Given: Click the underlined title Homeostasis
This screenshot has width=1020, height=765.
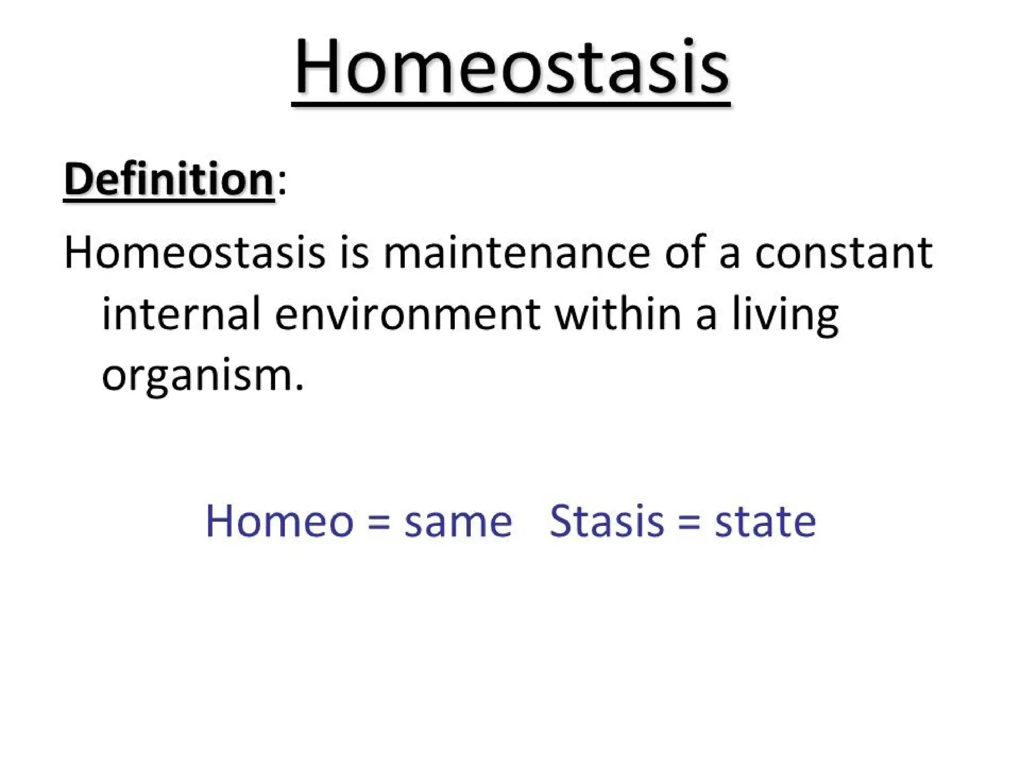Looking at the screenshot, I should point(511,67).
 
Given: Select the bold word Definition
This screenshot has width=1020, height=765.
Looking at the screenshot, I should point(169,179).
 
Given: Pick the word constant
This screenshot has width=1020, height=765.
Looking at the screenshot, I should point(844,253).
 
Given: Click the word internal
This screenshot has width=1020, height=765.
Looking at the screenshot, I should point(181,314).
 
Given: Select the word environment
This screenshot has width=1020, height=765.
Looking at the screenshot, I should point(407,314).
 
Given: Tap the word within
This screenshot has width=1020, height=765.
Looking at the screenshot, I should point(618,314).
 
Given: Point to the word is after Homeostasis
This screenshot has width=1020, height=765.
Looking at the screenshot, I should point(355,253).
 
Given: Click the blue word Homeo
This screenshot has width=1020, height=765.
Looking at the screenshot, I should point(279,521).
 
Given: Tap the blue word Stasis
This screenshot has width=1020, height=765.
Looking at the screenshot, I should point(607,521).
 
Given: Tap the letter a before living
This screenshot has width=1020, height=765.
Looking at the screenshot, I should point(706,317).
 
